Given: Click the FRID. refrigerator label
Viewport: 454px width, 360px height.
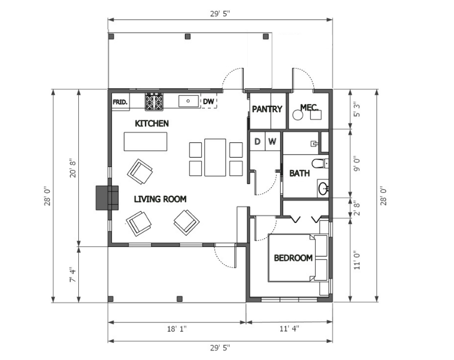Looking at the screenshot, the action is point(120,102).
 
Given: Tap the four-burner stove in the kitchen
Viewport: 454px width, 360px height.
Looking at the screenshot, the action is point(154,102).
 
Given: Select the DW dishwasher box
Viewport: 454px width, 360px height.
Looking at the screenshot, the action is point(209,102).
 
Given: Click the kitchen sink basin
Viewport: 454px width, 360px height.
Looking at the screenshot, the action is point(188,101).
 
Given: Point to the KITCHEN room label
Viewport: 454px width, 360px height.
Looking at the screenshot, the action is point(152,124).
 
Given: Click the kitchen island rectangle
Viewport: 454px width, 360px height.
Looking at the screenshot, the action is point(145,142).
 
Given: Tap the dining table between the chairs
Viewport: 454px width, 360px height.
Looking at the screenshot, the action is point(215,158).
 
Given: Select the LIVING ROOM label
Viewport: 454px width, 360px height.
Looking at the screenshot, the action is point(160,199).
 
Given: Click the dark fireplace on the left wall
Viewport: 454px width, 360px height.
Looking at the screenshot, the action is point(107,198).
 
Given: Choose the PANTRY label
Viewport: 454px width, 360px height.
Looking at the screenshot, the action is point(267,109).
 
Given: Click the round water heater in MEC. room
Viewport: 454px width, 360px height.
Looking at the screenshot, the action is point(297,115).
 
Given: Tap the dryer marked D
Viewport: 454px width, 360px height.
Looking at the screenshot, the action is point(257,141).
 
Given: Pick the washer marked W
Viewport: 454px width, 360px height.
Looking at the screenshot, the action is point(273,141).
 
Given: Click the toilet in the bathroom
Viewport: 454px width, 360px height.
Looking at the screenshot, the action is point(320,164).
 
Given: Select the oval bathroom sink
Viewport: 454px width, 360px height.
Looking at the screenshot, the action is point(323,189).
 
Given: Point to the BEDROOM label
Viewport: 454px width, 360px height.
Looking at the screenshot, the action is point(293,258).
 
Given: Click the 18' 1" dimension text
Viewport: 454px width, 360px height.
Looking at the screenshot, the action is point(177,329).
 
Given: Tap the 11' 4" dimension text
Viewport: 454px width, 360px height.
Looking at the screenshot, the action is point(289,328).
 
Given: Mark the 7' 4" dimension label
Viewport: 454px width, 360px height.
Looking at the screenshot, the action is point(72,275).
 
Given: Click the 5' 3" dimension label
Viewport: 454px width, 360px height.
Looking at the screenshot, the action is point(357,110).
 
